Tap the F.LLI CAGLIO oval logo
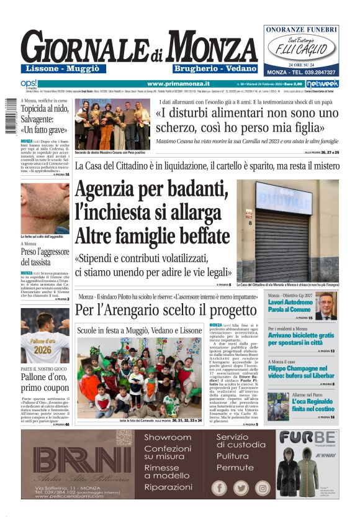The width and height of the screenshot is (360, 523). click(301, 46)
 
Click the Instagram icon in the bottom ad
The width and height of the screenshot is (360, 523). click(262, 488)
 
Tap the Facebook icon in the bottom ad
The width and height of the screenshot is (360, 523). click(220, 488)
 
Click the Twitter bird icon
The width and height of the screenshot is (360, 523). click(241, 488)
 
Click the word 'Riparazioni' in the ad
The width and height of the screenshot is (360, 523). click(168, 488)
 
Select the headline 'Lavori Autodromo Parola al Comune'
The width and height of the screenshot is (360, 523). click(289, 305)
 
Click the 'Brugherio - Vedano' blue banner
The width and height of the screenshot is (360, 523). click(215, 68)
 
